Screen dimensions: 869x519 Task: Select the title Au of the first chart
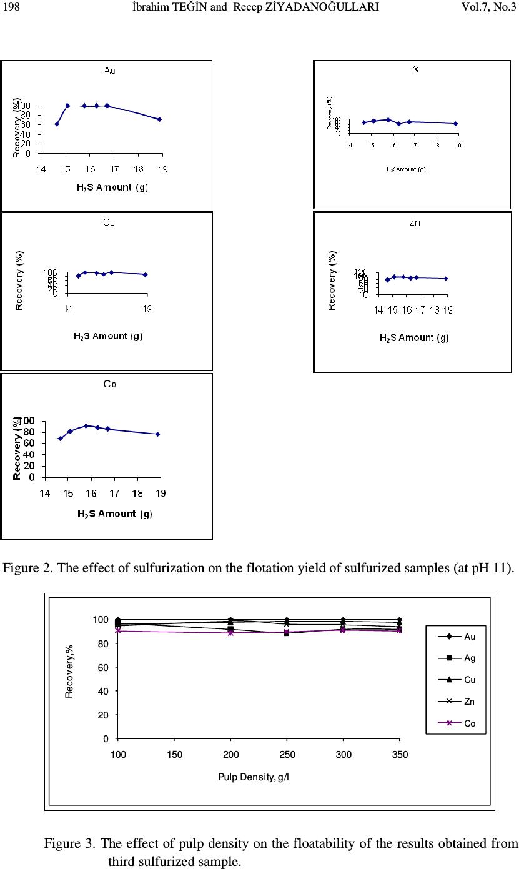109,71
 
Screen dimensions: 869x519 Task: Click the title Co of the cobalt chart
109,384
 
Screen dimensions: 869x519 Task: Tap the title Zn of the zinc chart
414,222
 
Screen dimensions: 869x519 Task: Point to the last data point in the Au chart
159,119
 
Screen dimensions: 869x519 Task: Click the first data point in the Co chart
60,439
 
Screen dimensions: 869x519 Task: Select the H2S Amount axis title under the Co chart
115,514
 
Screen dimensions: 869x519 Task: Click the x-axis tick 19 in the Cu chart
148,309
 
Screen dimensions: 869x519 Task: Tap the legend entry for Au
468,637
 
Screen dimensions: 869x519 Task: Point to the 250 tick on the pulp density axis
287,755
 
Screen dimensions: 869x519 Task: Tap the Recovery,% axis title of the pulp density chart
71,672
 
